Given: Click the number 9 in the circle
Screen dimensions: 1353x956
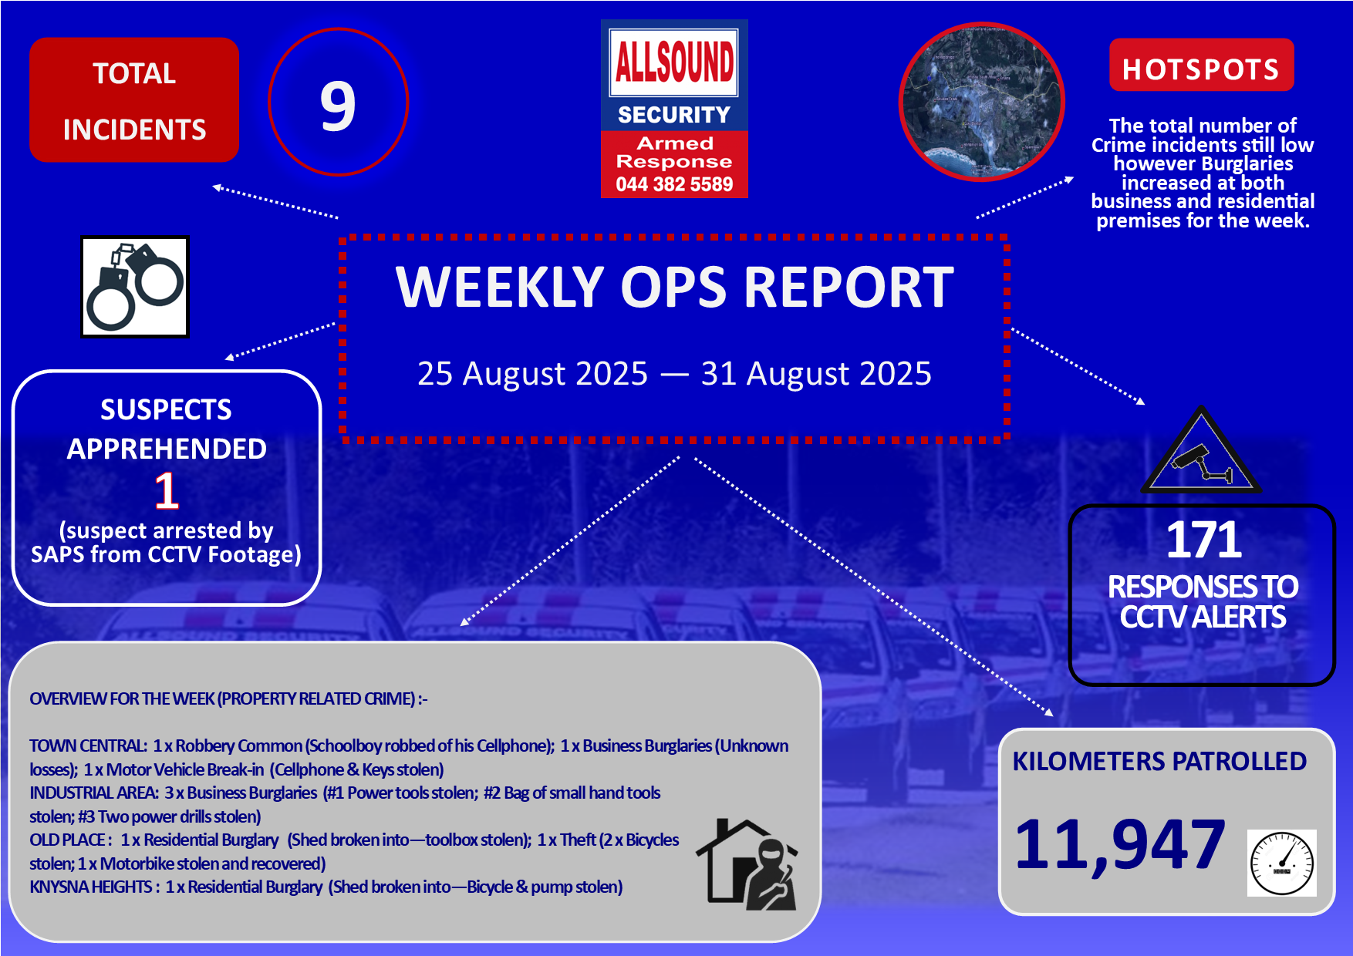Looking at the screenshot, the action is (x=338, y=106).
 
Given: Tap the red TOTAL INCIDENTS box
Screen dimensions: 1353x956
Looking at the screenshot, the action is (x=134, y=100).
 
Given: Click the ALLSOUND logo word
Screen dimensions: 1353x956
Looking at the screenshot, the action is (x=674, y=62).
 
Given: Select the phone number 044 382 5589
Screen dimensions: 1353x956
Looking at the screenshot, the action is (x=674, y=184).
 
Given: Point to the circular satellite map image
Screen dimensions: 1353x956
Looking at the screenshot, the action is (x=982, y=102).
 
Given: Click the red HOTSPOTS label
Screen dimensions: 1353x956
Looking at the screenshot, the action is (x=1201, y=69).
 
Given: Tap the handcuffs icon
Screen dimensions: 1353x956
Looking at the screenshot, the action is (x=135, y=287).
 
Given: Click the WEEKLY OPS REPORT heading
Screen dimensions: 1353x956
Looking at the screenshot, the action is (x=675, y=287).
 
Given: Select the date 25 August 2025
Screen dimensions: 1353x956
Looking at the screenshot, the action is (x=532, y=374).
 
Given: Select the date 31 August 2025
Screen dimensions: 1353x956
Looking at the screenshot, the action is (x=816, y=374).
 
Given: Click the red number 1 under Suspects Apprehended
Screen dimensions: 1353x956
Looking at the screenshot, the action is (x=167, y=490).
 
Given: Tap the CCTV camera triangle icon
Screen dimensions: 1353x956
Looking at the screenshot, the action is (x=1201, y=451).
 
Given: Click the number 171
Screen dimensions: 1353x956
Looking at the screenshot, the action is (x=1203, y=540).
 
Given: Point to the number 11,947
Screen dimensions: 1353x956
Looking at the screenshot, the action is (x=1120, y=845).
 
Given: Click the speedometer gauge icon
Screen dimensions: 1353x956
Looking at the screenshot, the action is (x=1282, y=863).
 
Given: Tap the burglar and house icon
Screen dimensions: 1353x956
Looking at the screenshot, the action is (x=747, y=864).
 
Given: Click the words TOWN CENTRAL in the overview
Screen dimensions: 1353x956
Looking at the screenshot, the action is (x=88, y=746).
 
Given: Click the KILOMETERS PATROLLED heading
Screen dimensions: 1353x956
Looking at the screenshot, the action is (x=1159, y=762).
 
